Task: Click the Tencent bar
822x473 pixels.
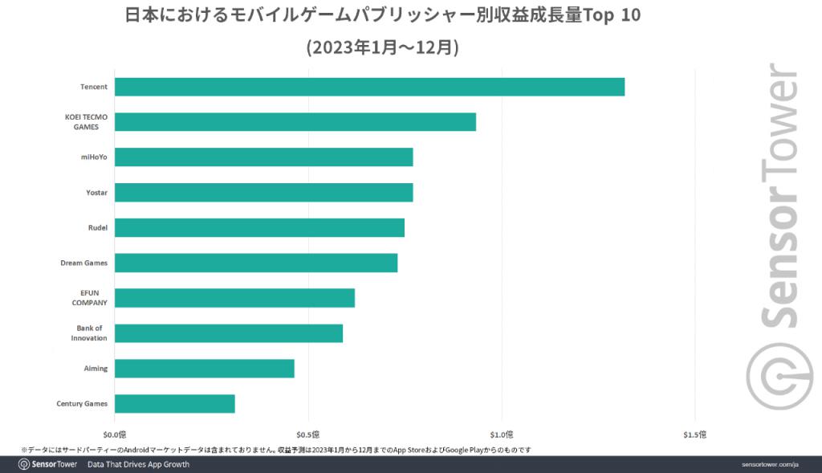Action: (369, 87)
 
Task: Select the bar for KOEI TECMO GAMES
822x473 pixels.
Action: (295, 122)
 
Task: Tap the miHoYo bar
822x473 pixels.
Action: (263, 157)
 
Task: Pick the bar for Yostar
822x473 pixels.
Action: (263, 193)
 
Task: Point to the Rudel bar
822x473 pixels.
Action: (259, 227)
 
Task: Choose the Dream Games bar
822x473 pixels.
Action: (256, 263)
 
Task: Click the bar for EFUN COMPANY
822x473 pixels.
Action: (234, 298)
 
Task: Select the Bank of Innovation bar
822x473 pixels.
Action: (229, 333)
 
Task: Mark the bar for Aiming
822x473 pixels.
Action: (205, 369)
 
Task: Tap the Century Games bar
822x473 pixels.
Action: (175, 403)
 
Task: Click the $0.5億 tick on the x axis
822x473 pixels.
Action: (308, 435)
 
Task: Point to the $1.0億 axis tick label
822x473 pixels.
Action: (502, 435)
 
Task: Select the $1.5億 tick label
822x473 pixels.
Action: (695, 435)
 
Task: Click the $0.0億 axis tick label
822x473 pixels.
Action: (115, 435)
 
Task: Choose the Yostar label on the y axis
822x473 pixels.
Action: (97, 193)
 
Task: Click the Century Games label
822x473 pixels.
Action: (82, 403)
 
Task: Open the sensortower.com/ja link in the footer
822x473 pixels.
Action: (770, 465)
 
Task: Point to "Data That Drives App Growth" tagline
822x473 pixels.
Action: (138, 465)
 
